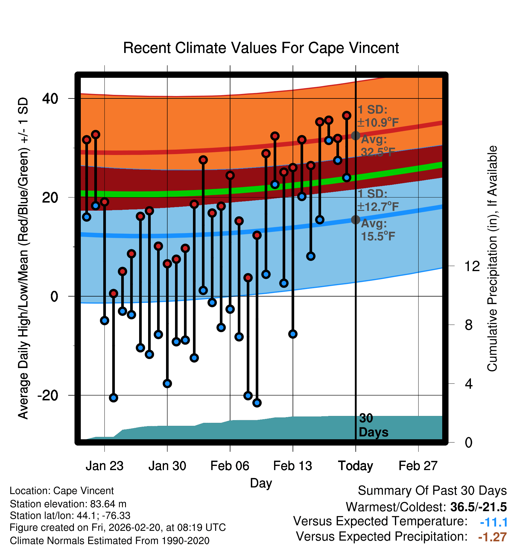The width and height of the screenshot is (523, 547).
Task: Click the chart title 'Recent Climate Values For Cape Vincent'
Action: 261,48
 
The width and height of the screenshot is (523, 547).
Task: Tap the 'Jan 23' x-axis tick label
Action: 104,466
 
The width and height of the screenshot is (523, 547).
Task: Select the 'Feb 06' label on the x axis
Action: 230,466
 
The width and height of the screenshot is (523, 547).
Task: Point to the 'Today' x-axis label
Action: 355,466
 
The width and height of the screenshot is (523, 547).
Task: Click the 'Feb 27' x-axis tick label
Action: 418,466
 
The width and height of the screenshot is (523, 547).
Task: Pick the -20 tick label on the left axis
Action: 48,395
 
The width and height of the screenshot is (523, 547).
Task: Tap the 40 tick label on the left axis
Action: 50,98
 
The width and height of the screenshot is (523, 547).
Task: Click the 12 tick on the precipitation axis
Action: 472,266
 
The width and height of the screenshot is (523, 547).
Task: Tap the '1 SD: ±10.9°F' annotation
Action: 378,116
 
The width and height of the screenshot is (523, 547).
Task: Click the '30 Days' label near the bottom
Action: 373,425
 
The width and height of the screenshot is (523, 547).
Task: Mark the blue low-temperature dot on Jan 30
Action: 167,383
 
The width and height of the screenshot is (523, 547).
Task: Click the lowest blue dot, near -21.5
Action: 257,403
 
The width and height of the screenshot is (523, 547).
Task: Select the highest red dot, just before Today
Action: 346,116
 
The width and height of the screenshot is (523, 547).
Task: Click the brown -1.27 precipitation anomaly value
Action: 492,537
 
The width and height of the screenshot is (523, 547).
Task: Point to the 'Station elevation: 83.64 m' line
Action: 68,504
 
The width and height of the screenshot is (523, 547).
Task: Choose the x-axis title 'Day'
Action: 261,483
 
